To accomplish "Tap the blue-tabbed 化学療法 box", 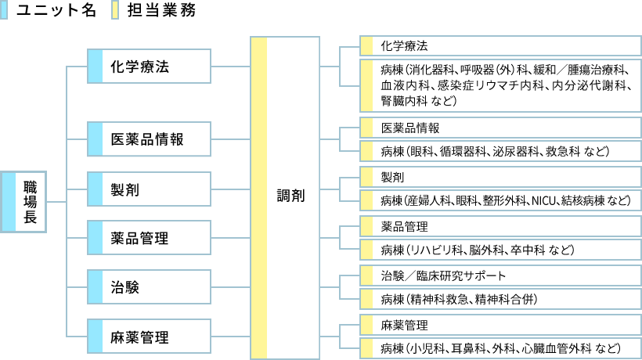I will [x=149, y=67].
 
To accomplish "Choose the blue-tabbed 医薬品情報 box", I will [x=149, y=139].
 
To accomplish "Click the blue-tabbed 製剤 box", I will [x=149, y=189].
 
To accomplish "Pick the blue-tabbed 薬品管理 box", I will [x=149, y=237].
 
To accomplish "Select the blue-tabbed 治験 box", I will [x=149, y=286].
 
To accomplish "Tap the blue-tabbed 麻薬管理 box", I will [x=149, y=337].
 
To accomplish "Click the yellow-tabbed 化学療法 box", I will [x=500, y=45].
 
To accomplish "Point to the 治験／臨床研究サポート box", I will [x=500, y=276].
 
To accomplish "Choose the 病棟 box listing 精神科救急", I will [x=500, y=300].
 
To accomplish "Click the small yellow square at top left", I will [x=115, y=9].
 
